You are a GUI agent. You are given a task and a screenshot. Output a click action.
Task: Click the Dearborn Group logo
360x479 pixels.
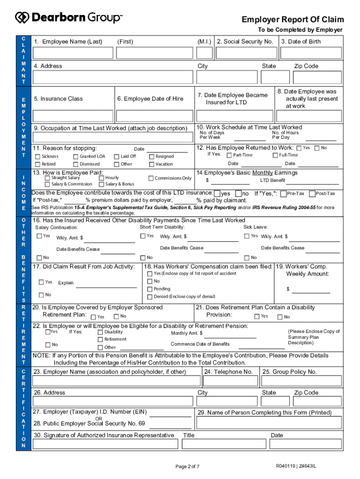69,18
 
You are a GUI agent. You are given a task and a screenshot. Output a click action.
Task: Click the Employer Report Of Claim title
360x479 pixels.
292,19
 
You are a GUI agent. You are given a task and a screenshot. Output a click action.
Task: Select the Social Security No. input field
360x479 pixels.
245,52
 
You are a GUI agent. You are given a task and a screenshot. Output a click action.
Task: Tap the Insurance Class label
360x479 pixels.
58,99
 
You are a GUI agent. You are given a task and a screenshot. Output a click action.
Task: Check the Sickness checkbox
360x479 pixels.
38,157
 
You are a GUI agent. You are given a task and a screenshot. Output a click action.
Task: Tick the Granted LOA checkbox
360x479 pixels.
76,157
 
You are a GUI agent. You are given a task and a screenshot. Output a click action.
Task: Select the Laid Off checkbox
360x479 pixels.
116,157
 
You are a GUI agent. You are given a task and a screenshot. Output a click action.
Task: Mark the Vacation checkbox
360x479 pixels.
151,164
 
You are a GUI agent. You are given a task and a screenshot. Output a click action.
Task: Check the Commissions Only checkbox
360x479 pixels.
151,178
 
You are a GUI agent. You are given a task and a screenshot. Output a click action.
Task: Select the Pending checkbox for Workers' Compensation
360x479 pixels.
150,289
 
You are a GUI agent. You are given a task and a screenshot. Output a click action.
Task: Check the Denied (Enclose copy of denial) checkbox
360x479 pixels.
150,297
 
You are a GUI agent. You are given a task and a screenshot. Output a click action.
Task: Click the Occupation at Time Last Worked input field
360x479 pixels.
113,137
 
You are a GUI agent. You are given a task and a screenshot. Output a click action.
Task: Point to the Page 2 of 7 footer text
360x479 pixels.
187,466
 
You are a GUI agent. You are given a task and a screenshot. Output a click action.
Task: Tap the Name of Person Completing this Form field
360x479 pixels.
270,423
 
